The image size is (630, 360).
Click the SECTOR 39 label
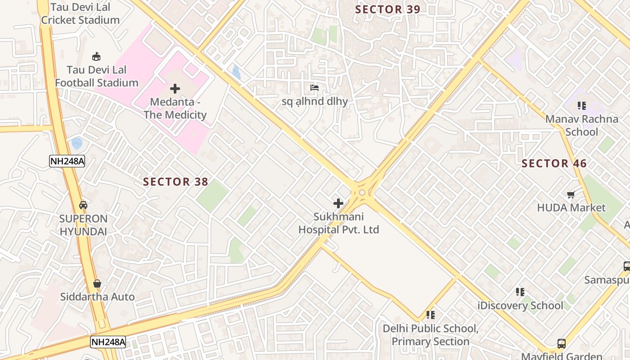(387, 9)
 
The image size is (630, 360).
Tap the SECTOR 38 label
(175, 182)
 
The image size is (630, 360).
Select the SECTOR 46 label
(554, 163)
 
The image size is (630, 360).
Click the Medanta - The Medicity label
(175, 108)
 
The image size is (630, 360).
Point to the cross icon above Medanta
(175, 89)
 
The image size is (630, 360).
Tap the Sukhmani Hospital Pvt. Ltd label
(339, 223)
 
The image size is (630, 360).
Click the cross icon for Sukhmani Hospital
(338, 203)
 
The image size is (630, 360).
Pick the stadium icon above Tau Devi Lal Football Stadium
(96, 56)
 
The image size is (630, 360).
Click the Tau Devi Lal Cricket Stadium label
(81, 13)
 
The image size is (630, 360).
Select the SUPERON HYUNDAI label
(84, 225)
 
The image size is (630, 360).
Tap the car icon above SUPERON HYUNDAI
(83, 205)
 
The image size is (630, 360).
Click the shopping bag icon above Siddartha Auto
(97, 283)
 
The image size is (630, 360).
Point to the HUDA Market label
(571, 208)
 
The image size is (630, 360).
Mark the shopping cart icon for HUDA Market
(571, 194)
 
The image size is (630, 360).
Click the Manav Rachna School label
(581, 126)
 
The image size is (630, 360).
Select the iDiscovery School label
(520, 306)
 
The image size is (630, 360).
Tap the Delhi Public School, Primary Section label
(430, 335)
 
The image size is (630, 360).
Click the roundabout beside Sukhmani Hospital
(362, 192)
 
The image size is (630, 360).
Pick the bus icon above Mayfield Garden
(562, 344)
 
